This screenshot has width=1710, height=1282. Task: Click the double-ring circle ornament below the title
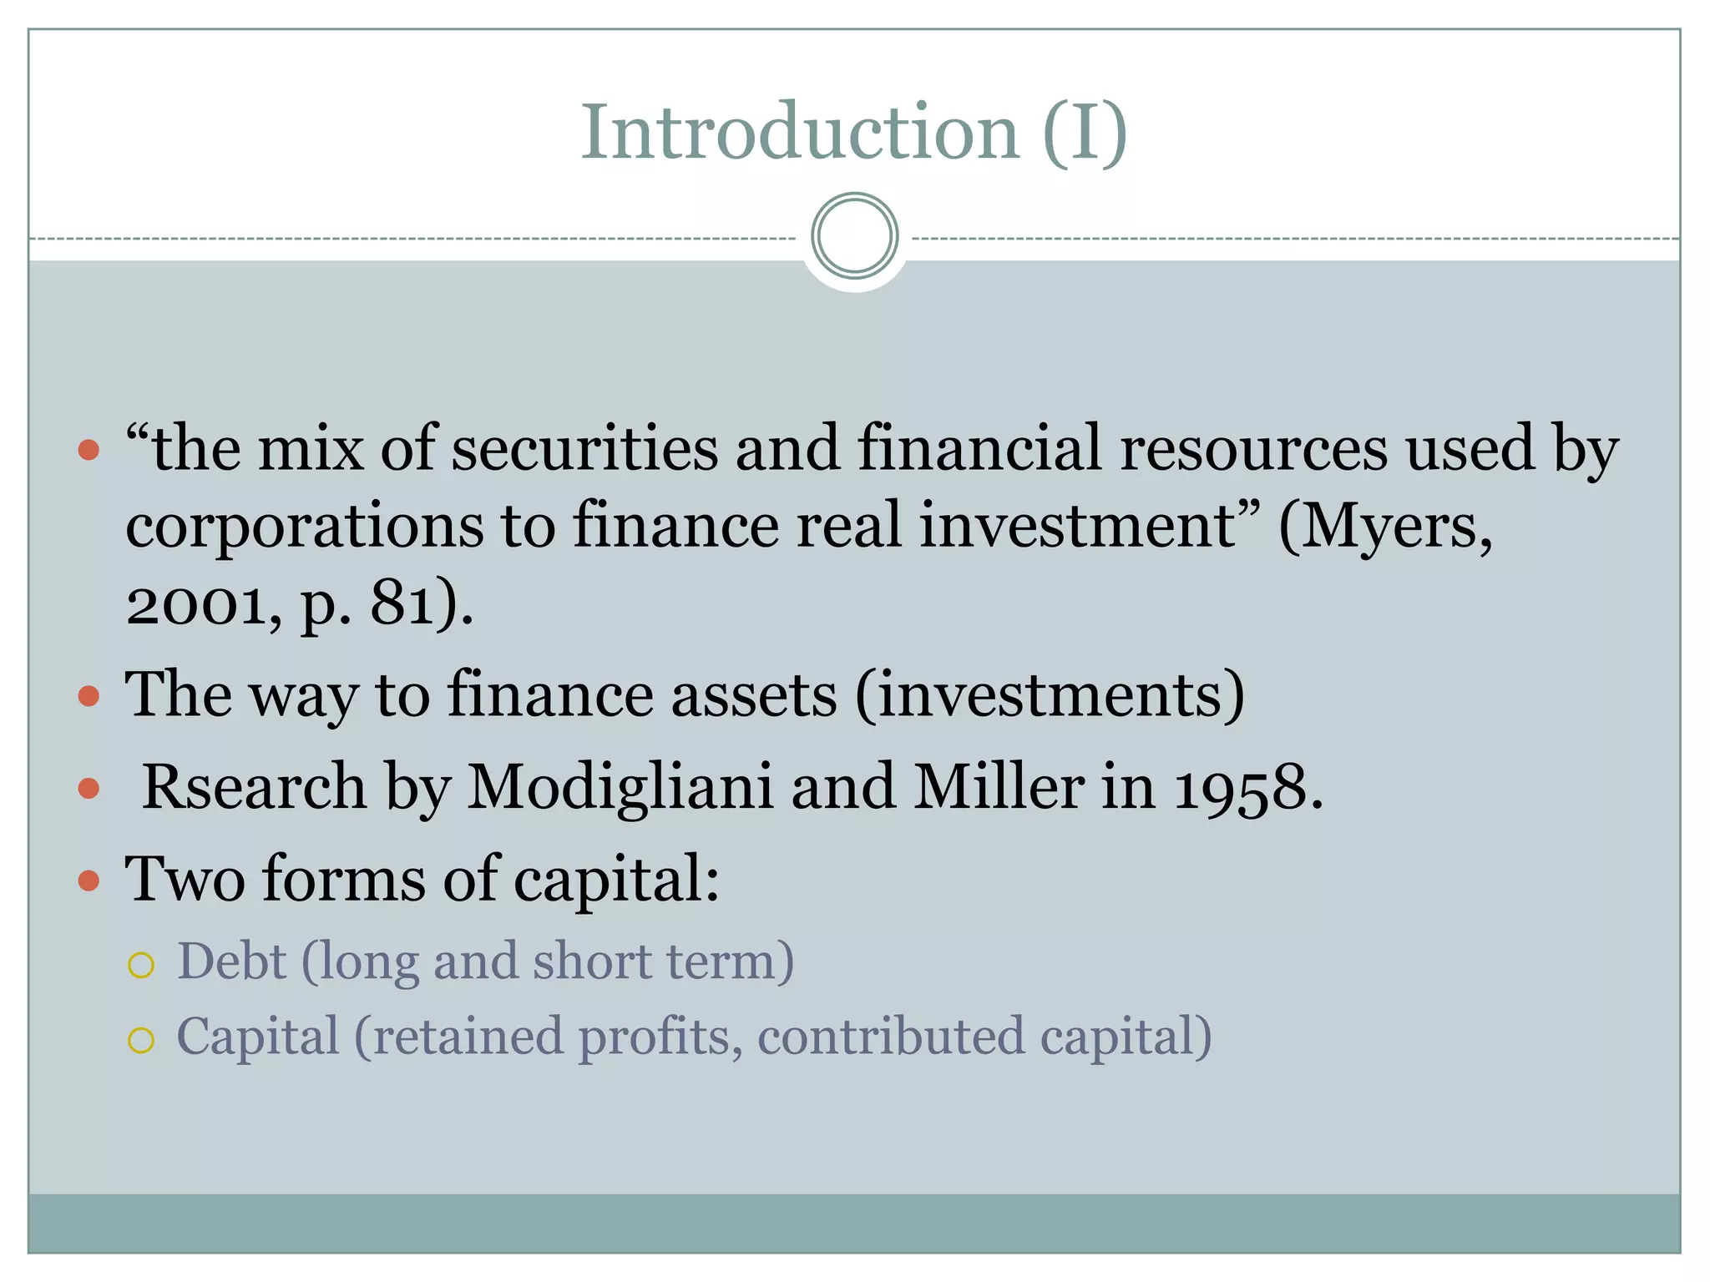point(854,235)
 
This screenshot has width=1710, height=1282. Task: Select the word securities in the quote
point(584,449)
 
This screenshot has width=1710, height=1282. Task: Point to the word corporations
point(304,527)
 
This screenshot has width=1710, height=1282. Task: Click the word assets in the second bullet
point(753,695)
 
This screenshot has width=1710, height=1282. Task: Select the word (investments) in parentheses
point(1050,695)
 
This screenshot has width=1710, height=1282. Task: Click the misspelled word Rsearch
point(254,787)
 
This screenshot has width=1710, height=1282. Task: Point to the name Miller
point(999,787)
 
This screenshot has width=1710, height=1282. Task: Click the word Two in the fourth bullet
point(185,879)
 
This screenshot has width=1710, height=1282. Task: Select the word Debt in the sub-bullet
point(232,961)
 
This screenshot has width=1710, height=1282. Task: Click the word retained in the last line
point(468,1037)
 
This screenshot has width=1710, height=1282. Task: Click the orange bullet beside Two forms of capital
point(89,881)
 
